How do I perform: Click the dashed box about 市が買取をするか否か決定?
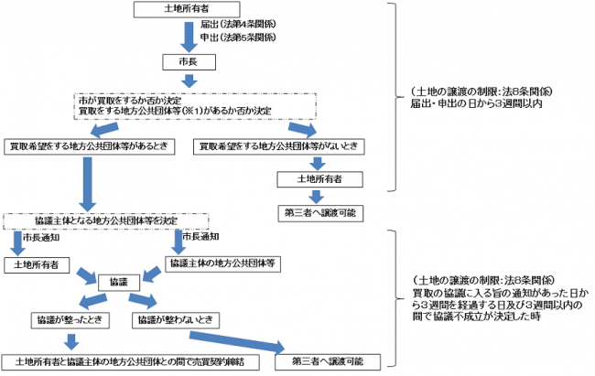[188, 104]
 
